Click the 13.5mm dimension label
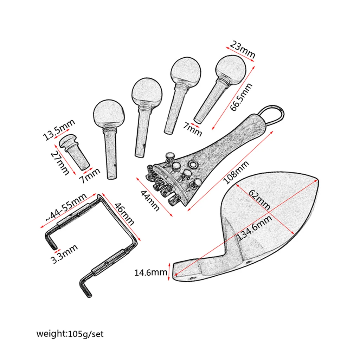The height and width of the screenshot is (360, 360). [59, 129]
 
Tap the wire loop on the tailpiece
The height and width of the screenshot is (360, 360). [273, 112]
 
